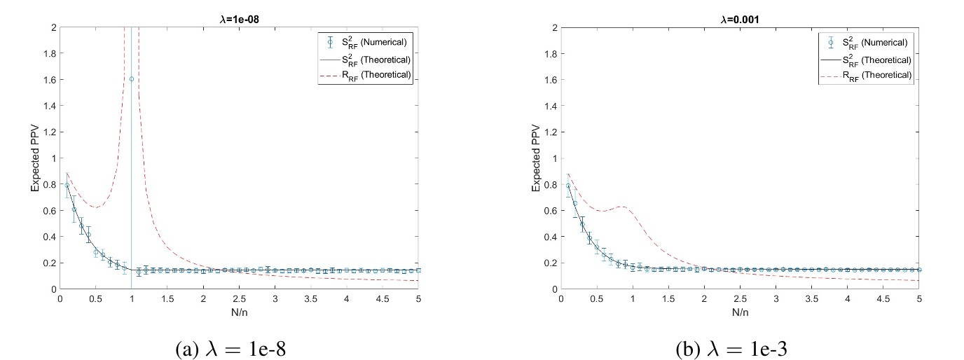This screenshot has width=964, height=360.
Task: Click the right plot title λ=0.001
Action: pyautogui.click(x=740, y=20)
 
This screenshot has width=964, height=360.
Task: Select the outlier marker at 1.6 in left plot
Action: pyautogui.click(x=131, y=79)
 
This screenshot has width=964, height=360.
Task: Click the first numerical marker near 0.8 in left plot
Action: pyautogui.click(x=67, y=186)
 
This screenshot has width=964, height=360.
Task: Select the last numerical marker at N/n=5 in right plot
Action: pyautogui.click(x=919, y=270)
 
